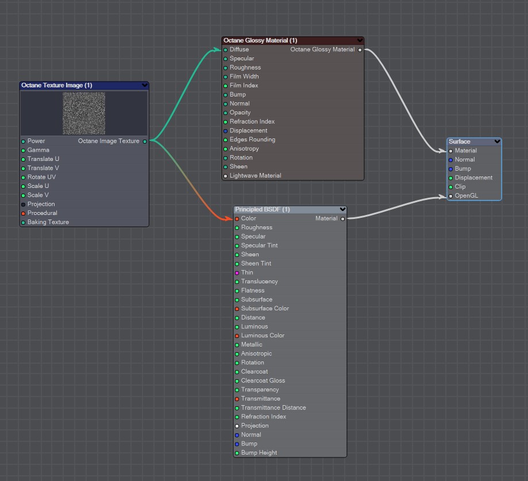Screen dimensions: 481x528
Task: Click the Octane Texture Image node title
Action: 57,86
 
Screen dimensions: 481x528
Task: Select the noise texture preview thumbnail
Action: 84,113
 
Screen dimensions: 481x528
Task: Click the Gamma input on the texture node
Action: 38,150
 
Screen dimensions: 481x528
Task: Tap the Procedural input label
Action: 42,213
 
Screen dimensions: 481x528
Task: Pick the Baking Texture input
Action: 48,222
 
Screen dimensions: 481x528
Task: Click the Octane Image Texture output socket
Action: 145,141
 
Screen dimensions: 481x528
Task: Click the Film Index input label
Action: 244,86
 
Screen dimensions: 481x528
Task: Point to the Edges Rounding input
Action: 252,140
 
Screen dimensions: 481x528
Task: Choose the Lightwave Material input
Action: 255,176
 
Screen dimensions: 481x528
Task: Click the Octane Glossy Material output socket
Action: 360,50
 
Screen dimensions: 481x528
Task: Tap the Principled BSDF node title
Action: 262,210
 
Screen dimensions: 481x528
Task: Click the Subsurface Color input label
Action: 265,309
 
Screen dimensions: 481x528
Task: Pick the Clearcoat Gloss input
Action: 263,380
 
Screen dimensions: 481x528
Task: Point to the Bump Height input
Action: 259,453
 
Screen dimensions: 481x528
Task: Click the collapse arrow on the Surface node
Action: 497,141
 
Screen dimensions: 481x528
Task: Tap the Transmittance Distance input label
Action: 273,408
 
